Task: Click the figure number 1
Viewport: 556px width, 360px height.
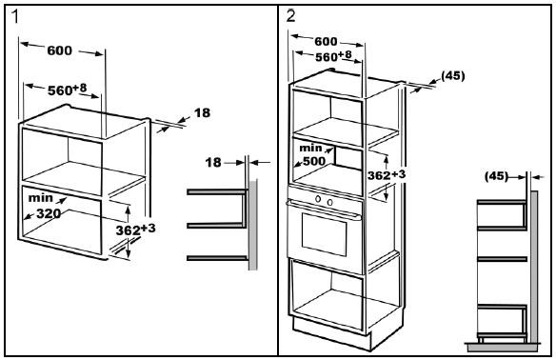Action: [x=15, y=17]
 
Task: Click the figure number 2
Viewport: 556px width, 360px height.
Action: [x=290, y=16]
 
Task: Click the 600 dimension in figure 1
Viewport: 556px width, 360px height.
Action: [x=60, y=50]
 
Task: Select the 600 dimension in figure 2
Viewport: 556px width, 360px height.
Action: [x=326, y=42]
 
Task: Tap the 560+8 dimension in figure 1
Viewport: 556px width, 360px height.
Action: [x=67, y=90]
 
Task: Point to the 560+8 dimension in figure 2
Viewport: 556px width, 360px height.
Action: [x=333, y=56]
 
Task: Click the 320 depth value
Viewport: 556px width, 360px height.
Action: [x=49, y=213]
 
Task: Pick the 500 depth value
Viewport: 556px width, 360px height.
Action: [x=314, y=161]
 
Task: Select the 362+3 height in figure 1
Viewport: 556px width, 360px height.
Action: [x=135, y=230]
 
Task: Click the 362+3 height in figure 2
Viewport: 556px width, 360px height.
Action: [x=387, y=174]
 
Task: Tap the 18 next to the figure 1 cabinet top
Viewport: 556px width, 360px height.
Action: [x=202, y=112]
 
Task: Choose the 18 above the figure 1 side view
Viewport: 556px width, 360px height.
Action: [x=213, y=163]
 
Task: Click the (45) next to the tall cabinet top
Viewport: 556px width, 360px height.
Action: [x=453, y=75]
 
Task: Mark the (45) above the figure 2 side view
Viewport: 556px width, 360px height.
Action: [x=496, y=176]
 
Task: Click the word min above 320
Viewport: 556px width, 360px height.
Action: [x=40, y=197]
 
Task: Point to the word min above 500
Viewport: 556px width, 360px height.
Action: [x=310, y=148]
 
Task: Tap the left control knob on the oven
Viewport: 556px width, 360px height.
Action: [x=318, y=199]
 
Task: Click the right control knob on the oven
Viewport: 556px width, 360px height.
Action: [x=329, y=202]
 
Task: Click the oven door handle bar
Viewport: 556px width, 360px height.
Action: [x=325, y=209]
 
